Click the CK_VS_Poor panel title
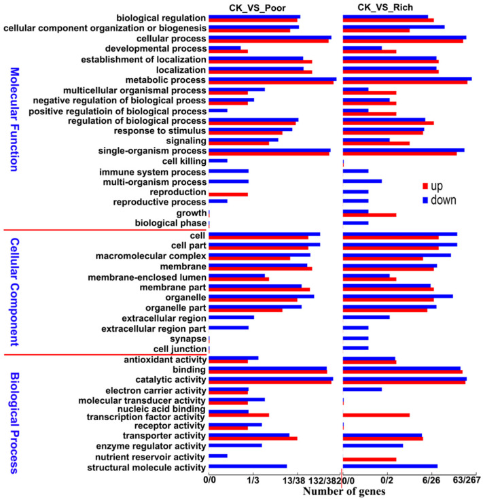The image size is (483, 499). tap(257, 7)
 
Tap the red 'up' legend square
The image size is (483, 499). tap(426, 186)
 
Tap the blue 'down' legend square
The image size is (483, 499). tap(426, 201)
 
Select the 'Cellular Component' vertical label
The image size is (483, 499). tap(14, 290)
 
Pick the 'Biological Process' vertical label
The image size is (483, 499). tap(14, 421)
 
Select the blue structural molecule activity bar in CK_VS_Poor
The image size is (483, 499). tap(248, 466)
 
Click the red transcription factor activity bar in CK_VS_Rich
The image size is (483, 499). tap(376, 414)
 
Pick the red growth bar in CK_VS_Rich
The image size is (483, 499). tap(370, 215)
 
